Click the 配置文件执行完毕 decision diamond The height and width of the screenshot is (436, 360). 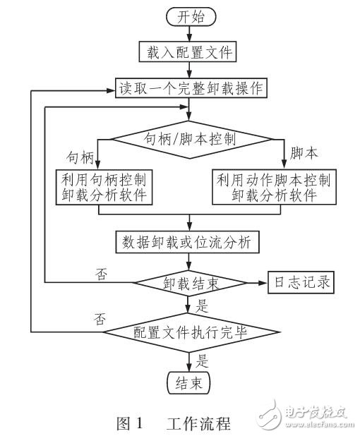tap(188, 331)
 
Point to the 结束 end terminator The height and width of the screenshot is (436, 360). tap(188, 383)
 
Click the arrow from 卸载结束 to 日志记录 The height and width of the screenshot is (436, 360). tap(255, 282)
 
